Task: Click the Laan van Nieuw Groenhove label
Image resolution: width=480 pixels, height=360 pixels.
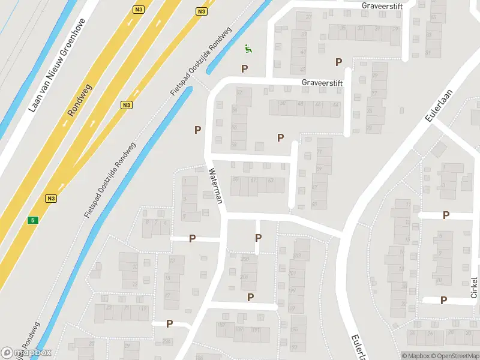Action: point(58,66)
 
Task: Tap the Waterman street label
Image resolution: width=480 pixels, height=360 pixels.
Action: point(215,185)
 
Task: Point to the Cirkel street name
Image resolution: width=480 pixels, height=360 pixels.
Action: point(474,287)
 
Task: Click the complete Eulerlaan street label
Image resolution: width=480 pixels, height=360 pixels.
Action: point(438,103)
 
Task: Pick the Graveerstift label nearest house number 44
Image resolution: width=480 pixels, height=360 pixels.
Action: point(322,83)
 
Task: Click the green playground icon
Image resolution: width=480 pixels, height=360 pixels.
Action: point(248,49)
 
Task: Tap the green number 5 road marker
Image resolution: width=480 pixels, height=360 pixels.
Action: point(32,220)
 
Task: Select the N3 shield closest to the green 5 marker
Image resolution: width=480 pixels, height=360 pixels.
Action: point(50,198)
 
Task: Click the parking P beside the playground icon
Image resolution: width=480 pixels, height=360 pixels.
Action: point(244,68)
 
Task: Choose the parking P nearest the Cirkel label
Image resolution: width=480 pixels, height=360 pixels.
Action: point(443,300)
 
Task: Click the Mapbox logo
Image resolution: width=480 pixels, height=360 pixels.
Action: point(26,352)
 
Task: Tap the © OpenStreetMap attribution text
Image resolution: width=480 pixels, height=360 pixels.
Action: point(452,356)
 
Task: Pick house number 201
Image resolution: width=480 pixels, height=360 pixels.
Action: point(292,274)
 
